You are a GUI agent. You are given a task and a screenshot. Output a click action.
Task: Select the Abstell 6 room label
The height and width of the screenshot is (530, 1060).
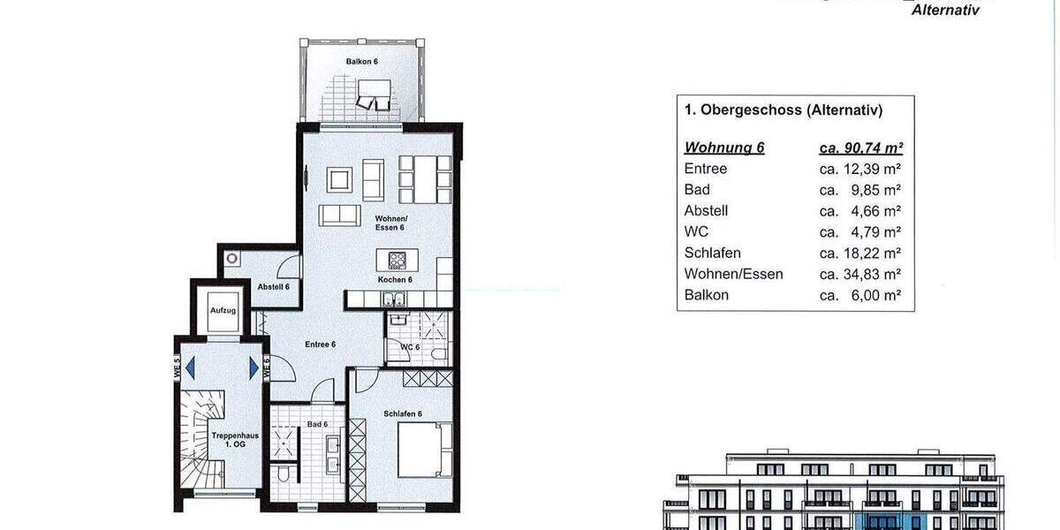[274, 287]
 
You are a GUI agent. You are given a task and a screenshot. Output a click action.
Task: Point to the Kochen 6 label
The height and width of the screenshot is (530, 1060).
[395, 280]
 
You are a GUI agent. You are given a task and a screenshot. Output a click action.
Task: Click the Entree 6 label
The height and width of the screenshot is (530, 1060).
[320, 344]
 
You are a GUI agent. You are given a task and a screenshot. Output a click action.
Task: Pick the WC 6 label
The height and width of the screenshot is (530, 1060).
[410, 347]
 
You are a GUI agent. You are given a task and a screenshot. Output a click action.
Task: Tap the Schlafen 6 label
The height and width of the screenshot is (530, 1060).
[403, 414]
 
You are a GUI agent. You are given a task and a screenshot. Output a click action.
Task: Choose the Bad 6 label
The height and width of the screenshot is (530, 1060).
[319, 425]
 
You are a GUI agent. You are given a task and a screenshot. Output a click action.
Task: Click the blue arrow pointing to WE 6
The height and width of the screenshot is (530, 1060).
[254, 365]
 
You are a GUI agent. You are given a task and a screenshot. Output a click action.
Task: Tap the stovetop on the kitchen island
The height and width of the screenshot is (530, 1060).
[396, 261]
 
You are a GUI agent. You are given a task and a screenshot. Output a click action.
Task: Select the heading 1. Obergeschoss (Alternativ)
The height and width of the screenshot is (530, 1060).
[784, 110]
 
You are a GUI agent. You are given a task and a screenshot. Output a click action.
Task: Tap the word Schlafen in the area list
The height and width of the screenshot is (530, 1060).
[713, 253]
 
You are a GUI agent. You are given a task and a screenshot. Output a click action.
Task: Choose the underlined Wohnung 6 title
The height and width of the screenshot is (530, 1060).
[724, 148]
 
